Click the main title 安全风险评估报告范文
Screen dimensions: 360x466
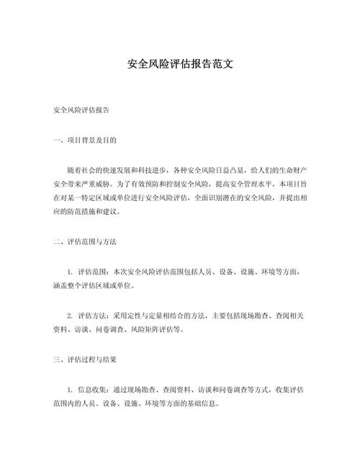(x=179, y=63)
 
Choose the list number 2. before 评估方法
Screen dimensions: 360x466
(x=70, y=315)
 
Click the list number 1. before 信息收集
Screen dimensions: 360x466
(x=70, y=390)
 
